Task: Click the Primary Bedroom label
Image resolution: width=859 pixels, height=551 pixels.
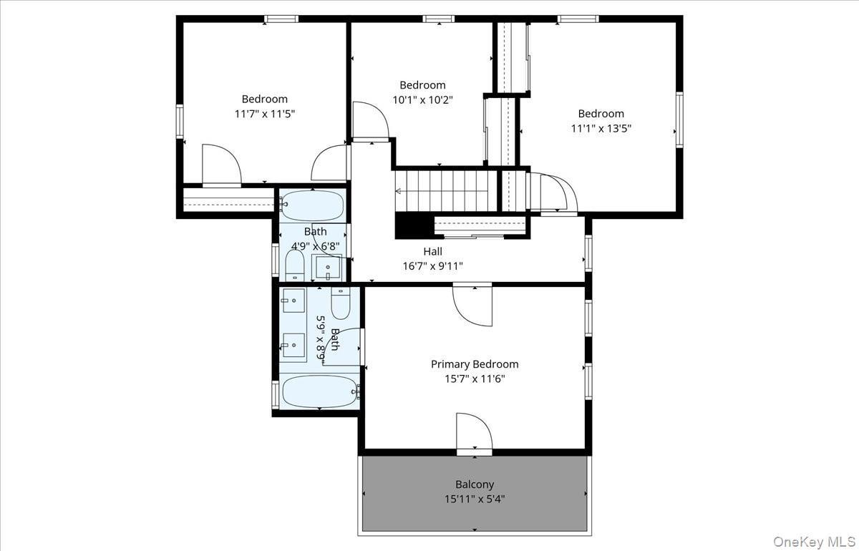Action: coord(474,364)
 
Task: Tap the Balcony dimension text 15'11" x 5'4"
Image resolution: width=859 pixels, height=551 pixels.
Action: coord(475,499)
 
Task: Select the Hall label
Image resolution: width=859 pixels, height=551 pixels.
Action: coord(432,251)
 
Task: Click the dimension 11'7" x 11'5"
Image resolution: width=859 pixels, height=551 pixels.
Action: coord(264,113)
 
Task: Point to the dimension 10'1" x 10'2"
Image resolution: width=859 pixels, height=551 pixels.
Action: coord(422,99)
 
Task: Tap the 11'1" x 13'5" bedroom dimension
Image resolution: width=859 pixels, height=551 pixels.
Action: coord(601,128)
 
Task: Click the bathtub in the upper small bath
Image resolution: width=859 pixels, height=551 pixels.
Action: coord(313,205)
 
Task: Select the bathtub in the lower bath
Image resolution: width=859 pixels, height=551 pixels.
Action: coord(319,391)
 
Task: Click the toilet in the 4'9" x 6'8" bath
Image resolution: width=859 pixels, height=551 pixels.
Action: coord(294,265)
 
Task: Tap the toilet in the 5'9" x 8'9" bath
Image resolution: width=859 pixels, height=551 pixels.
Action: coord(341,303)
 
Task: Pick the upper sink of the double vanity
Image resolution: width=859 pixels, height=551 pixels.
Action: coord(293,300)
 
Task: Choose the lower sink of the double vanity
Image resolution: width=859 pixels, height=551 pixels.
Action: coord(293,345)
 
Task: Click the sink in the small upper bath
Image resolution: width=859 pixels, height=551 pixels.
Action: coord(328,268)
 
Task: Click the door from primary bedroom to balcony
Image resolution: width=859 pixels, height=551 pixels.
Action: coord(473,433)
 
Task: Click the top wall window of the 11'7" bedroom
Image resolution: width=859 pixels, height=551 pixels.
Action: coord(281,19)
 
